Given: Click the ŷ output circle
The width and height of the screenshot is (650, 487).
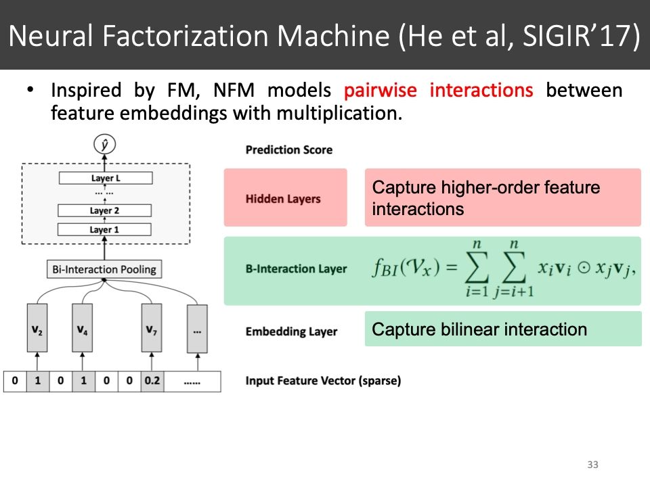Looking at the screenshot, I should click(105, 144).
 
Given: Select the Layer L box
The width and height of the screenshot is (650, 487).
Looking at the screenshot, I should click(105, 178).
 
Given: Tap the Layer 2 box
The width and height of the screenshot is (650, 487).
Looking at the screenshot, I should click(105, 210).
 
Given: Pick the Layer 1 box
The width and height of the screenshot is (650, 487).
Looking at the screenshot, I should click(105, 230).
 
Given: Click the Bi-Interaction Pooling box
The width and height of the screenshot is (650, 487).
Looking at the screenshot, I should click(104, 269).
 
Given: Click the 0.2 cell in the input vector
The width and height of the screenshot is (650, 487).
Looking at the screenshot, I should click(152, 381).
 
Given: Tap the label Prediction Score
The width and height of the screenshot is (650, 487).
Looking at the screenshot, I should click(289, 149).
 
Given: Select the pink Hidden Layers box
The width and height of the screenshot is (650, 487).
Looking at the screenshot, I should click(285, 198).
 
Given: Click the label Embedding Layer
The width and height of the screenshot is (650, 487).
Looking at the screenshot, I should click(291, 331).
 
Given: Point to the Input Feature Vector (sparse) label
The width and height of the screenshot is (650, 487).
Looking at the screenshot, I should click(323, 381).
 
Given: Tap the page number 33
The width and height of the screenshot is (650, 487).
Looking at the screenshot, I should click(593, 465).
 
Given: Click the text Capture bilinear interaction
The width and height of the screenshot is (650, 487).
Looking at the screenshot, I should click(479, 329).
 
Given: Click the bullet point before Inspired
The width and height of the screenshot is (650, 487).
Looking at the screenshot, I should click(30, 91).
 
